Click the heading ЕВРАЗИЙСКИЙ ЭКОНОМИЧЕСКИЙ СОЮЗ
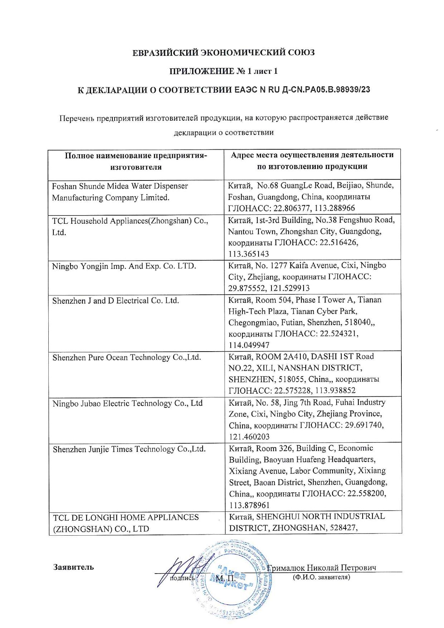point(223,53)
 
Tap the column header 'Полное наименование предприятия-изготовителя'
point(136,161)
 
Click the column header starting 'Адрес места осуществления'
point(312,160)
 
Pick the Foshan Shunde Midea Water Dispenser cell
point(120,192)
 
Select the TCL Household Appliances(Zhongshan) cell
point(130,226)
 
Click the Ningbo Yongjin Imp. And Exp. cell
point(124,266)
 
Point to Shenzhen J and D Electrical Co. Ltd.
point(116,301)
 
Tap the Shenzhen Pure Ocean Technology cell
point(127,357)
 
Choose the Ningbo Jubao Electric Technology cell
point(127,404)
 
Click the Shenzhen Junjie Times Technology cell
point(129,449)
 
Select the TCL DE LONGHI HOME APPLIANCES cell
point(126,523)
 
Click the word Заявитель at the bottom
point(73,567)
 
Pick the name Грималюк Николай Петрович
point(322,568)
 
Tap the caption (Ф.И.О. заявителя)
point(321,577)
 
